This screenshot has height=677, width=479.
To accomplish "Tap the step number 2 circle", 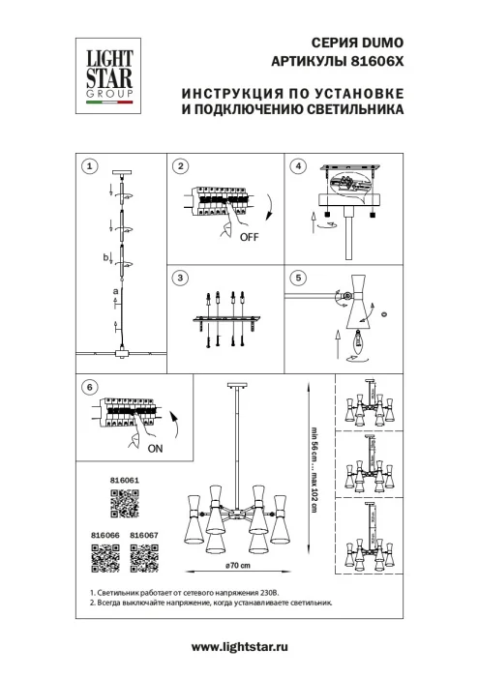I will coord(180,166).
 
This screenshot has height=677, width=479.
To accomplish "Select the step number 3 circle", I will coord(180,279).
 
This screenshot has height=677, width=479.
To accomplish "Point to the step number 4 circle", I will coord(299,166).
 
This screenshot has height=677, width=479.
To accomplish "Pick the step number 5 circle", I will coord(299,279).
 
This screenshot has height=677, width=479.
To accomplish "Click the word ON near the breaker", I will coord(157,450).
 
